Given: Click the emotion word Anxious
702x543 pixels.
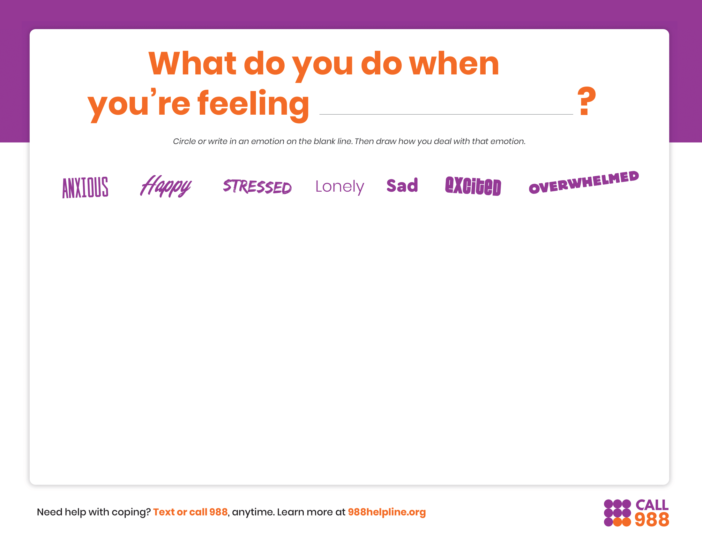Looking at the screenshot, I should coord(85,187).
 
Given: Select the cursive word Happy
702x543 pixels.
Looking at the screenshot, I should coord(166,186).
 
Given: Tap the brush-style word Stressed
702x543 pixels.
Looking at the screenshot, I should coord(258,187).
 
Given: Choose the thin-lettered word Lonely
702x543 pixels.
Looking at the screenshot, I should coord(340,187).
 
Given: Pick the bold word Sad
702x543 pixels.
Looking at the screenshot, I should coord(402,186).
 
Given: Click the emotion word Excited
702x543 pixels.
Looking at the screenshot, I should coord(473,186).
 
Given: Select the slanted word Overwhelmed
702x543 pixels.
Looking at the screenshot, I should coord(584,182).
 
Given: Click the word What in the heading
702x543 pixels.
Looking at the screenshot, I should coord(192,64).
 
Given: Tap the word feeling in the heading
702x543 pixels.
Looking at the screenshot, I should coord(253,103).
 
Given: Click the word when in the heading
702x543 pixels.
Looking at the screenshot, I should coord(454,64).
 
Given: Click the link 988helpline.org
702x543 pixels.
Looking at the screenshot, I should coord(387,512).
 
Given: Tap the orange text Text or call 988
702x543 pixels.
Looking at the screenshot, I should coord(190,512).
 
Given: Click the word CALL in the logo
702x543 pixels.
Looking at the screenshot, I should coord(652,505).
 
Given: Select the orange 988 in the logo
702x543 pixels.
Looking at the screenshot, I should coord(652,520).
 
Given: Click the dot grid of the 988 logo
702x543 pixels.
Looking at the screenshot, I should coord(617,513).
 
